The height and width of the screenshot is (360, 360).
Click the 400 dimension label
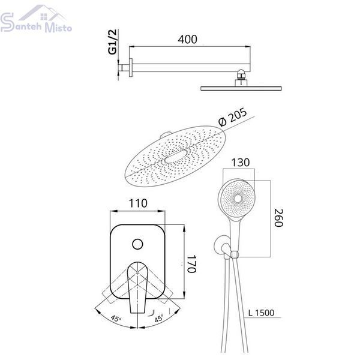pos(187,39)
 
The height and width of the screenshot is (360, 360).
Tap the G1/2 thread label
pos(113,42)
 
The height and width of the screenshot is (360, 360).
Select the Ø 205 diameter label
pos(233,117)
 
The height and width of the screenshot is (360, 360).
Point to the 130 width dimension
pos(240,163)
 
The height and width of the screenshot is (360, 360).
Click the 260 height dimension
pos(279,218)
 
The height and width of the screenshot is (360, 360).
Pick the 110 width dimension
pos(138,203)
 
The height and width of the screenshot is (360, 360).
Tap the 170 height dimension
pos(191,263)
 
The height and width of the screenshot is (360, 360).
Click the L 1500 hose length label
pos(261,313)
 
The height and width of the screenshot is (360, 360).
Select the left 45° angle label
pos(116,319)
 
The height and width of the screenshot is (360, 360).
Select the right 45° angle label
pos(159,318)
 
